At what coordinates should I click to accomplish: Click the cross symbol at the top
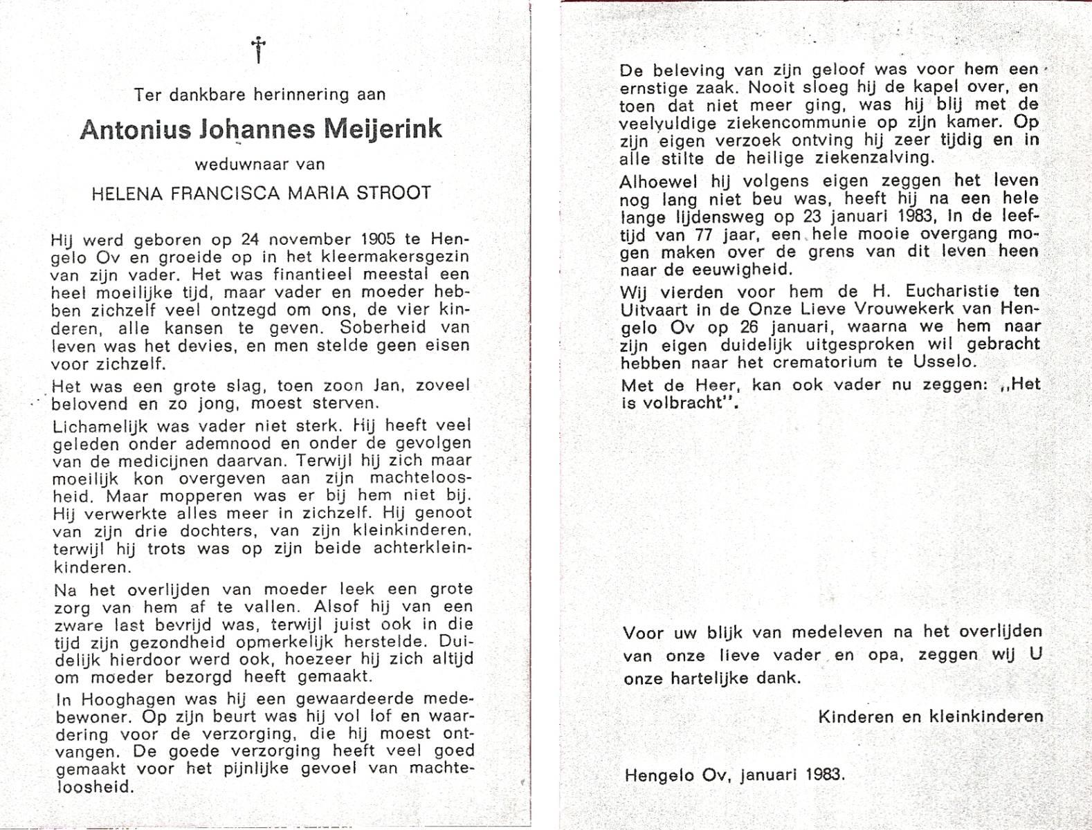(258, 50)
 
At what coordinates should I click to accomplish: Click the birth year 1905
(377, 240)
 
